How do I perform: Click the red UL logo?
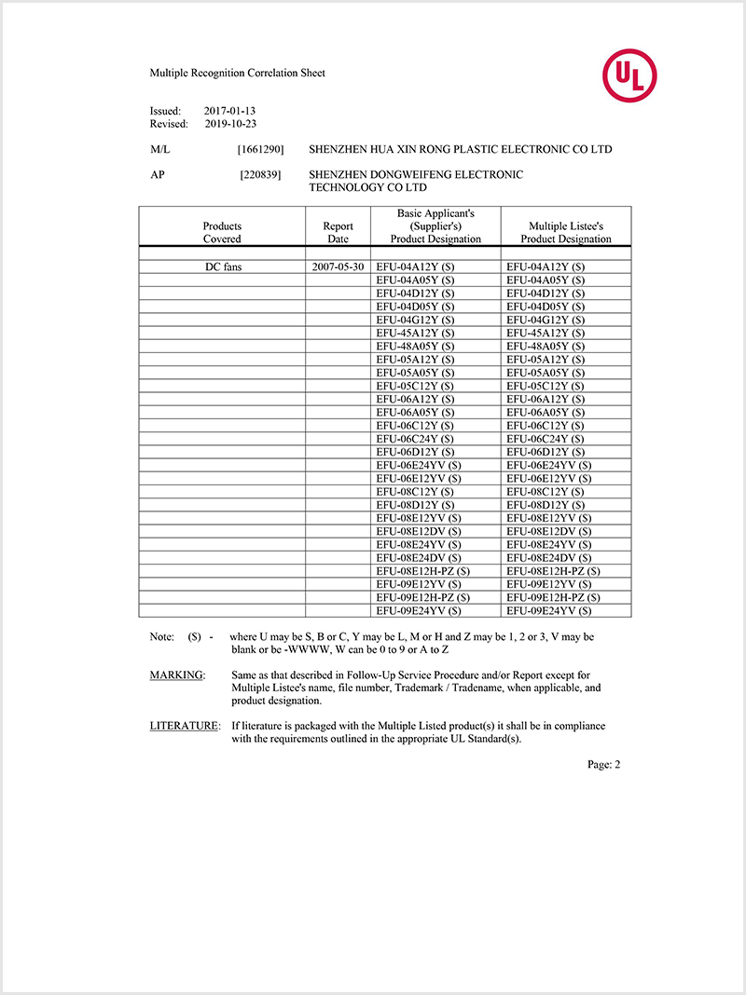[629, 76]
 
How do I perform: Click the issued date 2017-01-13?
[229, 110]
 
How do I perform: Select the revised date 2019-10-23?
[229, 123]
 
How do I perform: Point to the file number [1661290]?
[261, 149]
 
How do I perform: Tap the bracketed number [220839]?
[261, 174]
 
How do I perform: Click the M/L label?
[160, 149]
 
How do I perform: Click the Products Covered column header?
[222, 232]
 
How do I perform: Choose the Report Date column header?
[338, 232]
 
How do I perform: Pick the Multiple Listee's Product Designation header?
[566, 232]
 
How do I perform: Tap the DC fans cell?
[224, 266]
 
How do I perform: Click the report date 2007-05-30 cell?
[338, 266]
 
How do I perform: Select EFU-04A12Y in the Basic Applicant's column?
[415, 266]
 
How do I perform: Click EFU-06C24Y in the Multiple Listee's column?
[546, 438]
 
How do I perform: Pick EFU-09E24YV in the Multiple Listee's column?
[549, 610]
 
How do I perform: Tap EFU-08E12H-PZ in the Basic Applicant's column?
[422, 570]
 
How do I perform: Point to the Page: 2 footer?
[603, 764]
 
